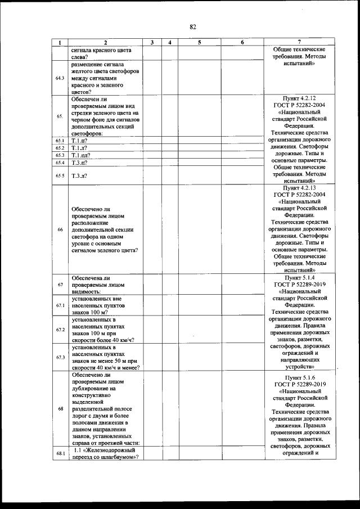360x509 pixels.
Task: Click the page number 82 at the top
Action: (x=192, y=27)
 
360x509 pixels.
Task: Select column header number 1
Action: (x=60, y=42)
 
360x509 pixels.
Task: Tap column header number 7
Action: (x=299, y=42)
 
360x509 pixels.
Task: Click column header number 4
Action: (x=169, y=42)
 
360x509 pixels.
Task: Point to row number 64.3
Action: (x=60, y=78)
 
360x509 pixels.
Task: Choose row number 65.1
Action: (x=60, y=141)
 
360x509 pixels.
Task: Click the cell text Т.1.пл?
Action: (x=82, y=155)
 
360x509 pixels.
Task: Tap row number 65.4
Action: (x=60, y=163)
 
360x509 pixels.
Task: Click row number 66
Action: (x=60, y=229)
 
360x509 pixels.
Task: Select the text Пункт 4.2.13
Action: (x=299, y=188)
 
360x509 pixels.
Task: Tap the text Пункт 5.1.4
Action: (x=299, y=278)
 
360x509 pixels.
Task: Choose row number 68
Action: (x=60, y=409)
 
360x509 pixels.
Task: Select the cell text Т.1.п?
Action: (x=79, y=141)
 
